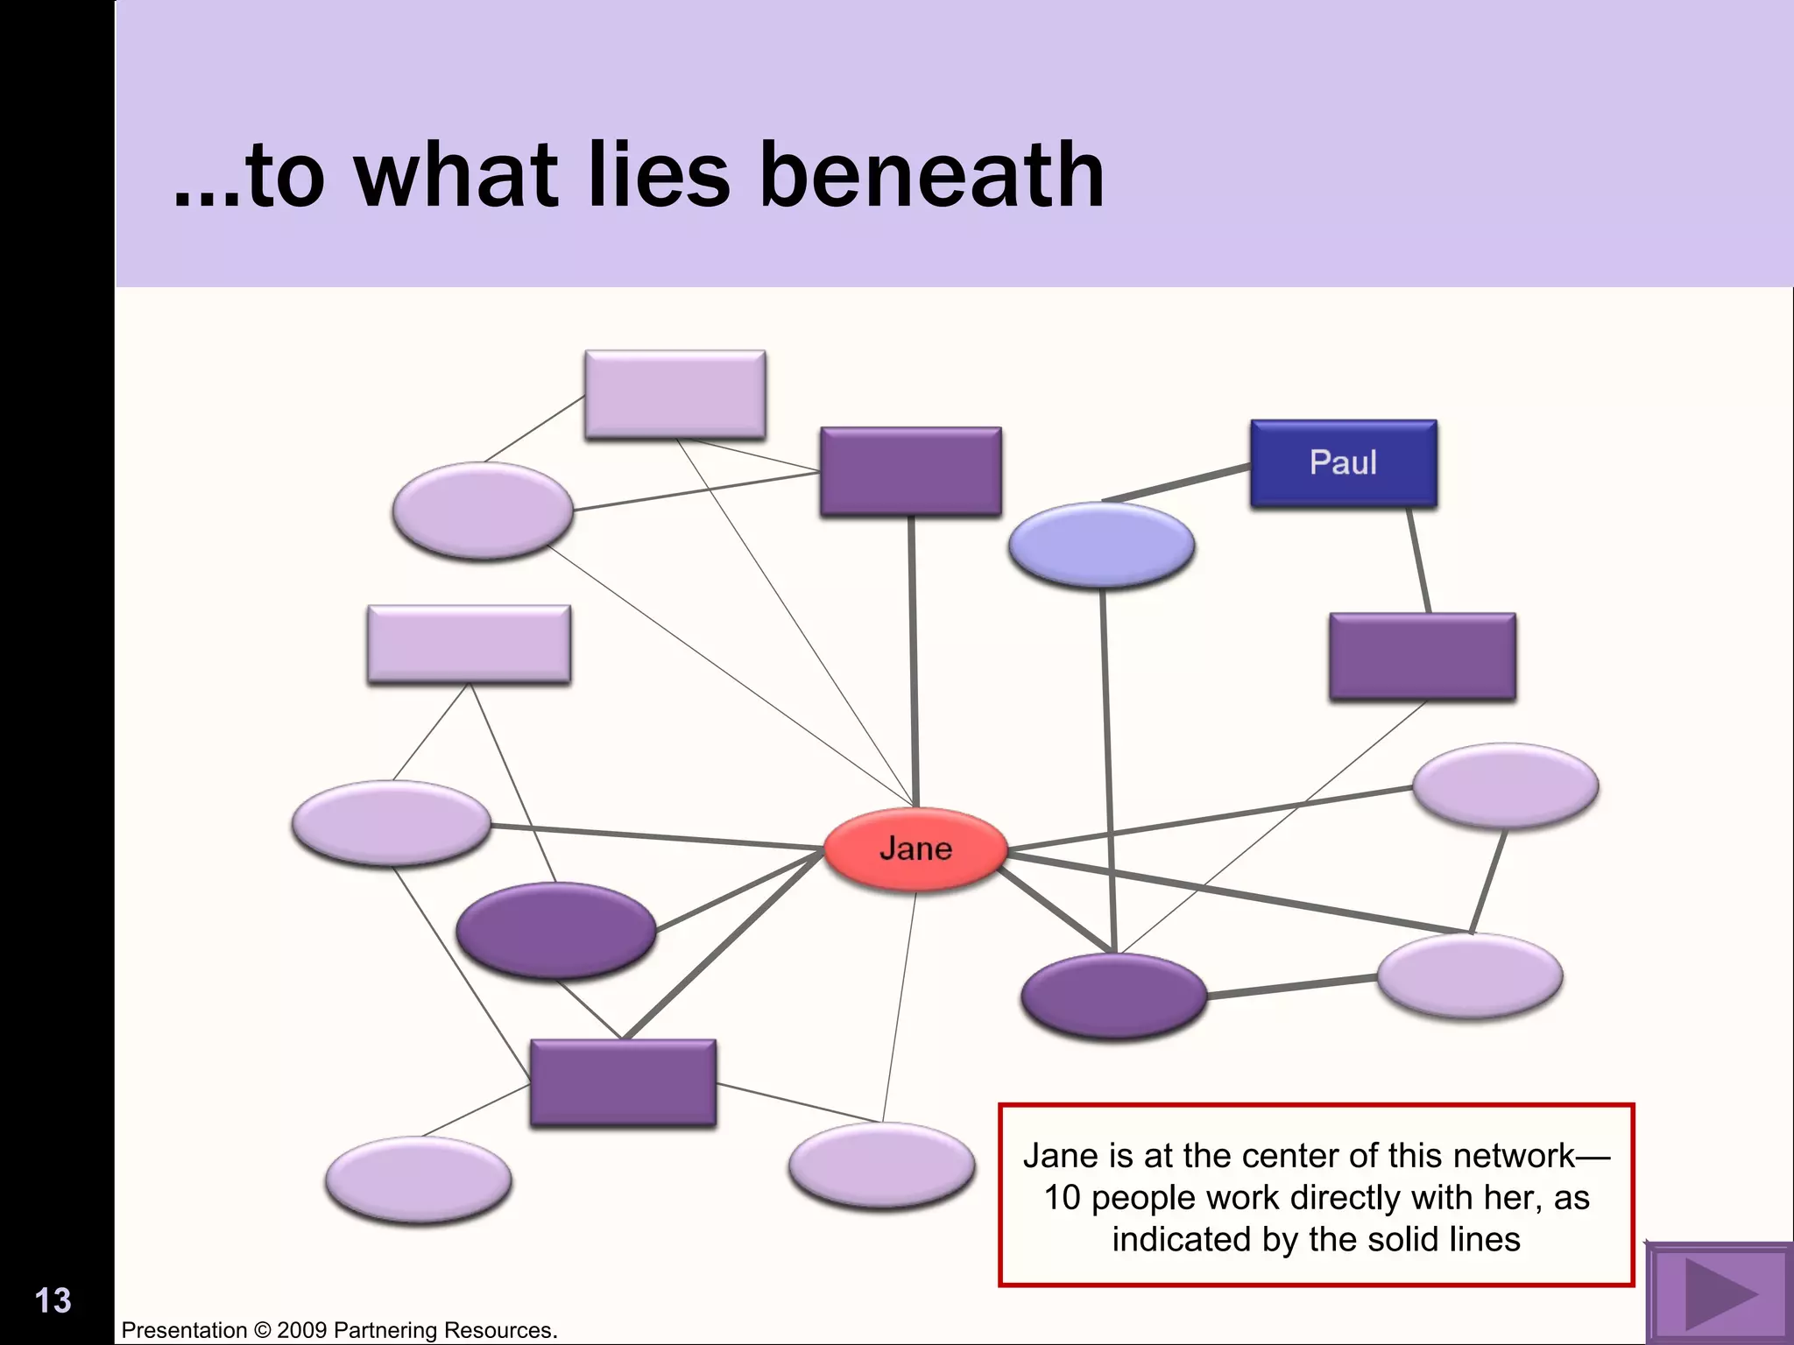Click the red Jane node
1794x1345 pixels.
(915, 849)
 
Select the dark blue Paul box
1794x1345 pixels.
(1343, 462)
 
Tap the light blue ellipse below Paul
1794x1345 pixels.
(1101, 544)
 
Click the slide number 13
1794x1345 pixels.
(53, 1300)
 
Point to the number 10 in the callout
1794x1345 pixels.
(1062, 1197)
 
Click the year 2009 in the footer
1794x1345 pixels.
(302, 1330)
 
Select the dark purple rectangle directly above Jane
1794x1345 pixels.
(910, 471)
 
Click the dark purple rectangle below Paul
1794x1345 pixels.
(1422, 657)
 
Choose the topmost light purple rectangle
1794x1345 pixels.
(675, 394)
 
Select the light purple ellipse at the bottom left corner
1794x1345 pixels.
(418, 1180)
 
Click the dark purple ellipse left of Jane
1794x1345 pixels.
(555, 930)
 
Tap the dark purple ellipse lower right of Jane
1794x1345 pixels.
(1113, 996)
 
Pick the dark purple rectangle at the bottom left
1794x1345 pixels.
(623, 1081)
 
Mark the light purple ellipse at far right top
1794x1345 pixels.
(1505, 785)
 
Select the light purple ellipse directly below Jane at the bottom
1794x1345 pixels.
(881, 1165)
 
